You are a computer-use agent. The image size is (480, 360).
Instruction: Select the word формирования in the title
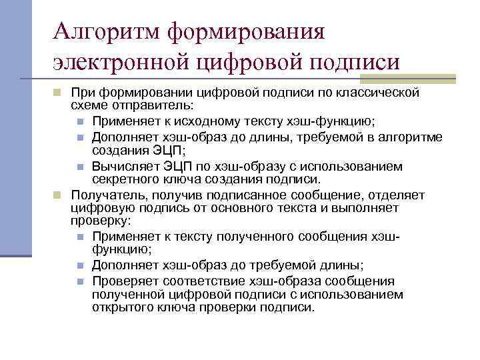(x=246, y=32)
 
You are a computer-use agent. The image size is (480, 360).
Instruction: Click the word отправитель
(x=161, y=106)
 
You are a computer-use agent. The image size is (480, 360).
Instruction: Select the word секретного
(x=122, y=179)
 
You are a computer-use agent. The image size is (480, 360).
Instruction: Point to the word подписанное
(x=238, y=194)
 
